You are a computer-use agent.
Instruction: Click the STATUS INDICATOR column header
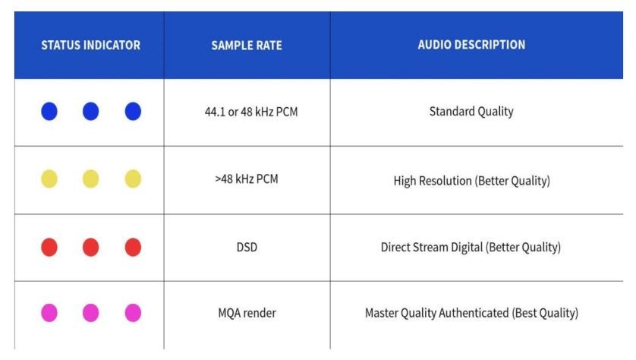pos(90,45)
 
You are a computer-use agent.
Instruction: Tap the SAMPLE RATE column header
pos(247,45)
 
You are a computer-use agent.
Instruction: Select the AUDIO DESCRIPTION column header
pos(471,45)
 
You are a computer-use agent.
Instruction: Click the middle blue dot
pos(90,111)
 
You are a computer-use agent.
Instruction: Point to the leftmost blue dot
pos(49,111)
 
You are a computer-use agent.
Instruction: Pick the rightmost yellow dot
pos(133,179)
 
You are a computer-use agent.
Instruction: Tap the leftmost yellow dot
pos(49,179)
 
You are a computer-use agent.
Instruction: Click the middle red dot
pos(90,247)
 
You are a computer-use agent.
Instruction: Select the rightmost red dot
pos(133,247)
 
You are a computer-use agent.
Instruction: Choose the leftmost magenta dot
pos(49,313)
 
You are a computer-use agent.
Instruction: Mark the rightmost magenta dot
pos(133,313)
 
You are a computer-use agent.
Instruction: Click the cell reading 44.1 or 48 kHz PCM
pos(251,112)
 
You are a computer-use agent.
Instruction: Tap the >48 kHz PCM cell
pos(247,179)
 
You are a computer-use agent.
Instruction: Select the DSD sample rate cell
pos(247,247)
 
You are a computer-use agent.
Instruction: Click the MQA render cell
pos(247,313)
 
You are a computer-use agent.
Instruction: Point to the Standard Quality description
pos(471,112)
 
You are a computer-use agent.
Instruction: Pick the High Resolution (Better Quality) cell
pos(472,181)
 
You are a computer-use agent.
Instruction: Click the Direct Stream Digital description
pos(471,247)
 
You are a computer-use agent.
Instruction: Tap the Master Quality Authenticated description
pos(472,313)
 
